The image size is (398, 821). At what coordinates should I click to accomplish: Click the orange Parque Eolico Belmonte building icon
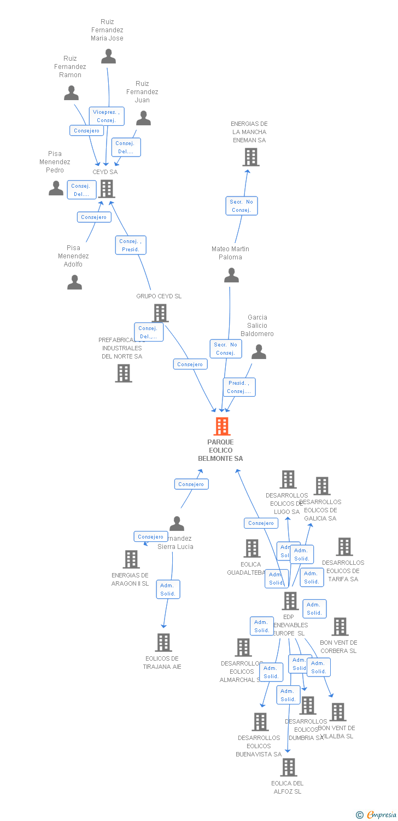pyautogui.click(x=221, y=426)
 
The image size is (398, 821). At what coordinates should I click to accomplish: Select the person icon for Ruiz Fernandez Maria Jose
pyautogui.click(x=109, y=56)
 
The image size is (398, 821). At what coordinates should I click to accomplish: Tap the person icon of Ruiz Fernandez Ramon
pyautogui.click(x=71, y=93)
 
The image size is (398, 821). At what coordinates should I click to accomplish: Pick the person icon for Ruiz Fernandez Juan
pyautogui.click(x=143, y=118)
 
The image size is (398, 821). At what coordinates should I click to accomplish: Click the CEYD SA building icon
pyautogui.click(x=107, y=189)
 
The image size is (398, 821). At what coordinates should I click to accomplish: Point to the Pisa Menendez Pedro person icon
pyautogui.click(x=56, y=188)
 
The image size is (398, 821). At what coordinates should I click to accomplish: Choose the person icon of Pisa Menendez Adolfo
pyautogui.click(x=74, y=282)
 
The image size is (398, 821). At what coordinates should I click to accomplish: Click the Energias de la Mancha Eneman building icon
pyautogui.click(x=251, y=158)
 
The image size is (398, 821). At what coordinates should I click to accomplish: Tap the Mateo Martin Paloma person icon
pyautogui.click(x=231, y=275)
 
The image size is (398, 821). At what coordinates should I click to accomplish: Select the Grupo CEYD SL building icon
pyautogui.click(x=160, y=313)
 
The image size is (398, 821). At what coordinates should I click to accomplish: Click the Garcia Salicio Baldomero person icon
pyautogui.click(x=259, y=352)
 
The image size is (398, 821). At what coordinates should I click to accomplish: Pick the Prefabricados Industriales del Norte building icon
pyautogui.click(x=124, y=373)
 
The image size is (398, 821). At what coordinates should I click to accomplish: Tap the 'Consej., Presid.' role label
pyautogui.click(x=131, y=245)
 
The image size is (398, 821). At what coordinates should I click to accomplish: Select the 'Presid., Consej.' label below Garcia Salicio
pyautogui.click(x=239, y=387)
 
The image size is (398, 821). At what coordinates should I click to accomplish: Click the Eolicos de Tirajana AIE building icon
pyautogui.click(x=163, y=643)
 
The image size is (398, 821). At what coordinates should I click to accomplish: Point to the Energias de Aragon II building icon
pyautogui.click(x=131, y=559)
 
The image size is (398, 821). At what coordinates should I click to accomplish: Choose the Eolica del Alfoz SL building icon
pyautogui.click(x=288, y=767)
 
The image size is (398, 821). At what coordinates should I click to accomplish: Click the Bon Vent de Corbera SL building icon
pyautogui.click(x=340, y=627)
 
